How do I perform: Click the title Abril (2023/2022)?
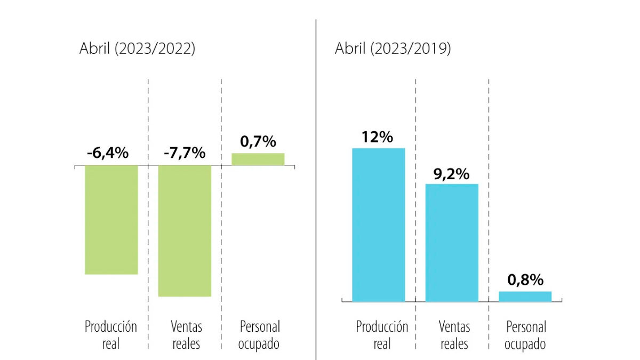(138, 49)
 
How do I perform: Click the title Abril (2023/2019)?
(393, 49)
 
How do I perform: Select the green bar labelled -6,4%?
(111, 220)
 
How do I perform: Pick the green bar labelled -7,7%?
(185, 231)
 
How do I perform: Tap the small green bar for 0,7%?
(258, 159)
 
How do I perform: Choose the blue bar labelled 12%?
(379, 225)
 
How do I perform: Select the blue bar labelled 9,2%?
(452, 243)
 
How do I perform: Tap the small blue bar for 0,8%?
(525, 297)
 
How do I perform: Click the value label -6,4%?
(108, 153)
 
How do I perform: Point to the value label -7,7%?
(185, 153)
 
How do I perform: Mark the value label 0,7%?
(258, 141)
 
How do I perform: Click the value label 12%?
(378, 137)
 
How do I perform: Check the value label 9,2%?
(451, 174)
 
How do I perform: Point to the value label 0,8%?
(525, 279)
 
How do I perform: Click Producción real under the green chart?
(111, 335)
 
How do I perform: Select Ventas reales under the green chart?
(186, 335)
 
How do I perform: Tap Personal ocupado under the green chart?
(259, 335)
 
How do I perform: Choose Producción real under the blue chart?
(382, 335)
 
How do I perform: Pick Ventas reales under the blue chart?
(454, 335)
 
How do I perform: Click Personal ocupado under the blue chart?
(525, 335)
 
